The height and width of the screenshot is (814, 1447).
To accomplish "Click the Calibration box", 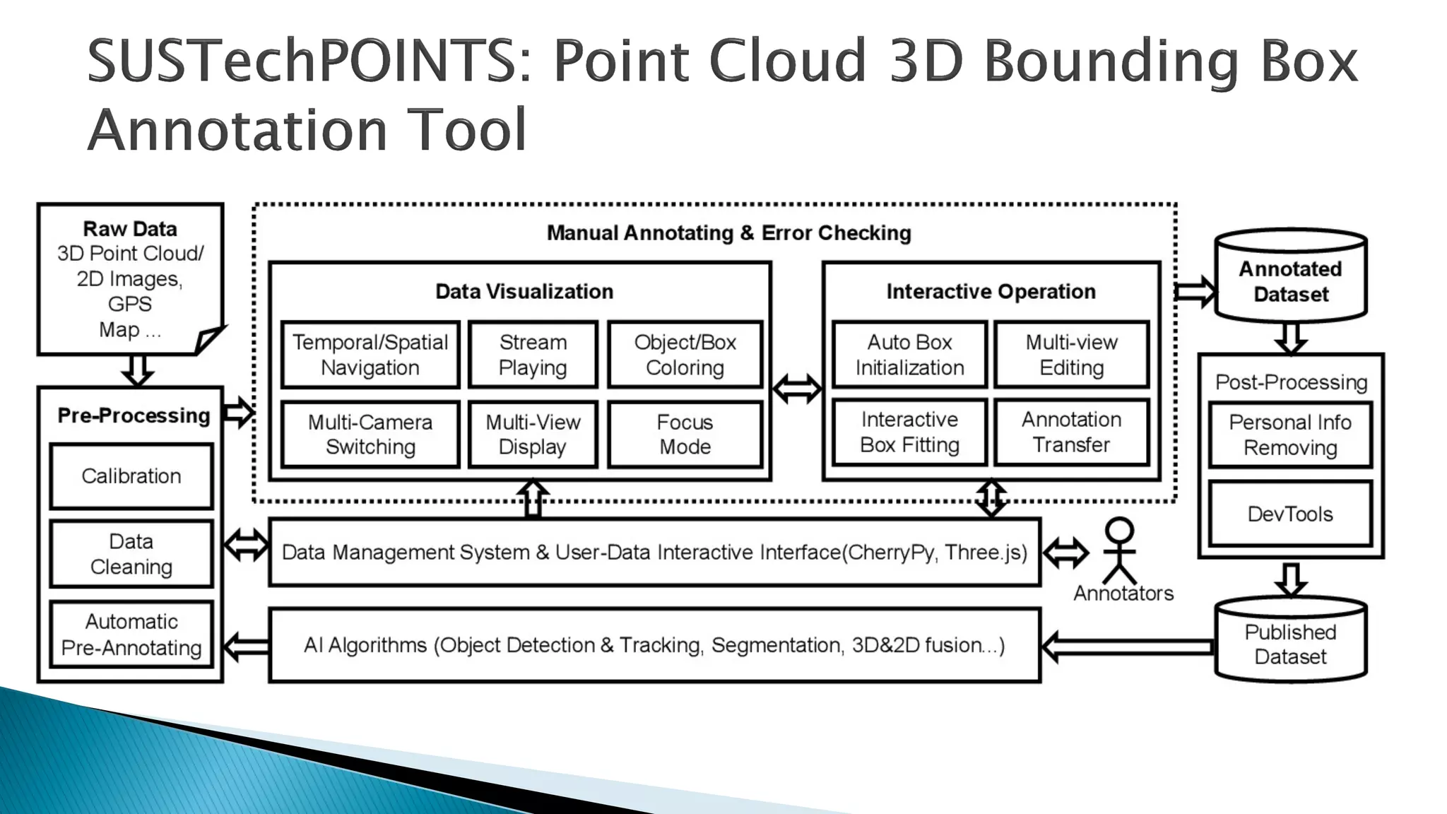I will [131, 476].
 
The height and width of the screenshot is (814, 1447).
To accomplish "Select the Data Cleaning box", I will [131, 554].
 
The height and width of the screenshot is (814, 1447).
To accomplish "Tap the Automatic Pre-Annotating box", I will [131, 634].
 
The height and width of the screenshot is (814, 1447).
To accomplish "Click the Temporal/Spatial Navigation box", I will [370, 355].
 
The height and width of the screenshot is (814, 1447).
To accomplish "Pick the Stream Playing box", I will [533, 355].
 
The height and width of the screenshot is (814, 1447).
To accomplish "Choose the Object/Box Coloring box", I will [685, 355].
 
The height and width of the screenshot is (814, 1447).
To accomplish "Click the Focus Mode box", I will [685, 434].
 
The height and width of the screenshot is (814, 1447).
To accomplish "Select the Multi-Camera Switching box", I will [370, 434].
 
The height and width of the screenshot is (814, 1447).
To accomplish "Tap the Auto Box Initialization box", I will [909, 355].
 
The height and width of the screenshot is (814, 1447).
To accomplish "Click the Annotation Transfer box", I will [1071, 432].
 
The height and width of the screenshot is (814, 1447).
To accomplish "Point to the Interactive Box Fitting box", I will [909, 432].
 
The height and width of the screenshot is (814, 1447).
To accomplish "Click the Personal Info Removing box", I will [1290, 435].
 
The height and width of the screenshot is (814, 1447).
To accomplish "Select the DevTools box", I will [1290, 514].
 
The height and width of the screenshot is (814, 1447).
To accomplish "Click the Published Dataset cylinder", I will [1291, 643].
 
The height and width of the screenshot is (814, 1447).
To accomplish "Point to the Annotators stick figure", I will [1120, 551].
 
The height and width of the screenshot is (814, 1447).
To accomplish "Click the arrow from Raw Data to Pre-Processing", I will [138, 370].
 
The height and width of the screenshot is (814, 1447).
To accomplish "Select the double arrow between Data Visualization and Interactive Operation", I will [797, 389].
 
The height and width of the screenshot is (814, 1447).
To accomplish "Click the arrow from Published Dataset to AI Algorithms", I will [1128, 647].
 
